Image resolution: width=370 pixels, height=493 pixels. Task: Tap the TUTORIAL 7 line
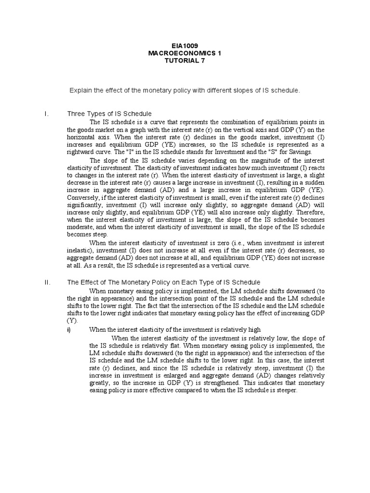[185, 61]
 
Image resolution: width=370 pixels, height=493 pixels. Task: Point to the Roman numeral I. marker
[45, 114]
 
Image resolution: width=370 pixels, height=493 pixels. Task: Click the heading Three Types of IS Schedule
[109, 114]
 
